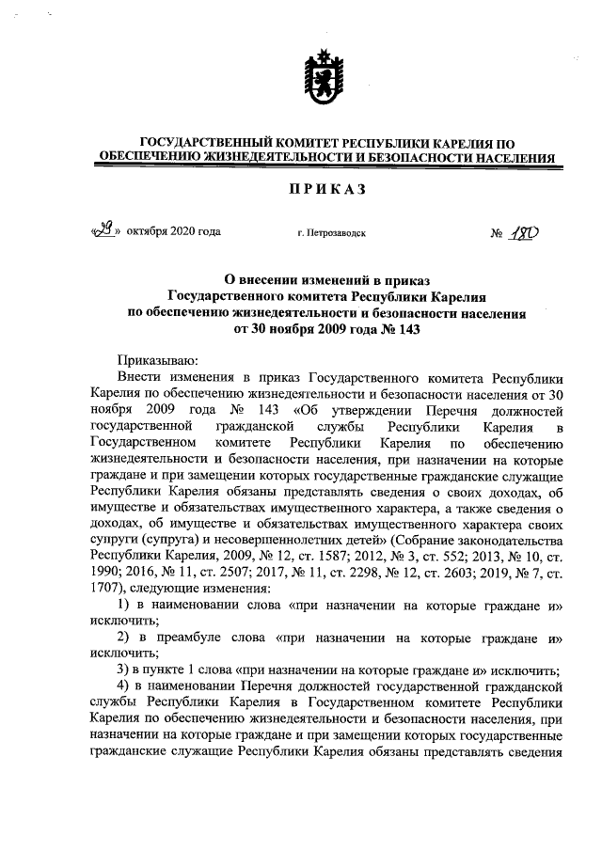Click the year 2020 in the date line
pyautogui.click(x=184, y=230)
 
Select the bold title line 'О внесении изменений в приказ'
pyautogui.click(x=325, y=279)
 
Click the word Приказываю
pyautogui.click(x=156, y=360)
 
